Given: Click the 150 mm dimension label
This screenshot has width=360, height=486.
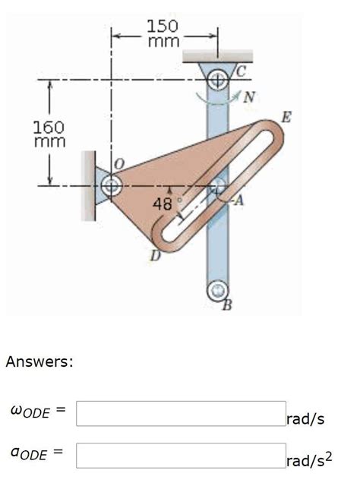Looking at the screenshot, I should [x=163, y=34].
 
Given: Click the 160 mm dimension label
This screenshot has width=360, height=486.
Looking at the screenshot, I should [x=49, y=134].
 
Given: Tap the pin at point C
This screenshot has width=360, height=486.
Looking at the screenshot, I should [x=218, y=78].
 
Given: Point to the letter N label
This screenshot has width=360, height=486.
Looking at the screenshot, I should [x=249, y=96].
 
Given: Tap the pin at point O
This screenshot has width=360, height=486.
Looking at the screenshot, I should [x=112, y=185].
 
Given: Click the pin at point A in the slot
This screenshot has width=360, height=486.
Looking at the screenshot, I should [x=218, y=185].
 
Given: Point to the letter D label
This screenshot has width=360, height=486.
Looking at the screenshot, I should [x=154, y=257].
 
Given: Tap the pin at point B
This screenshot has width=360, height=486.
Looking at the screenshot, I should [x=219, y=289].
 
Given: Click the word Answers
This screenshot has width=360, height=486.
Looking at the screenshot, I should [x=39, y=361].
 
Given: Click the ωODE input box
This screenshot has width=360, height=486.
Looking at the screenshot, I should [x=181, y=414].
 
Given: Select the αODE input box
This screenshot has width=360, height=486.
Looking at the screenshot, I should [x=181, y=456].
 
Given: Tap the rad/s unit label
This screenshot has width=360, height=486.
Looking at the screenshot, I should [x=305, y=419].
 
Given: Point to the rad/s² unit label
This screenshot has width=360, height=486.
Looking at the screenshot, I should [x=309, y=460].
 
